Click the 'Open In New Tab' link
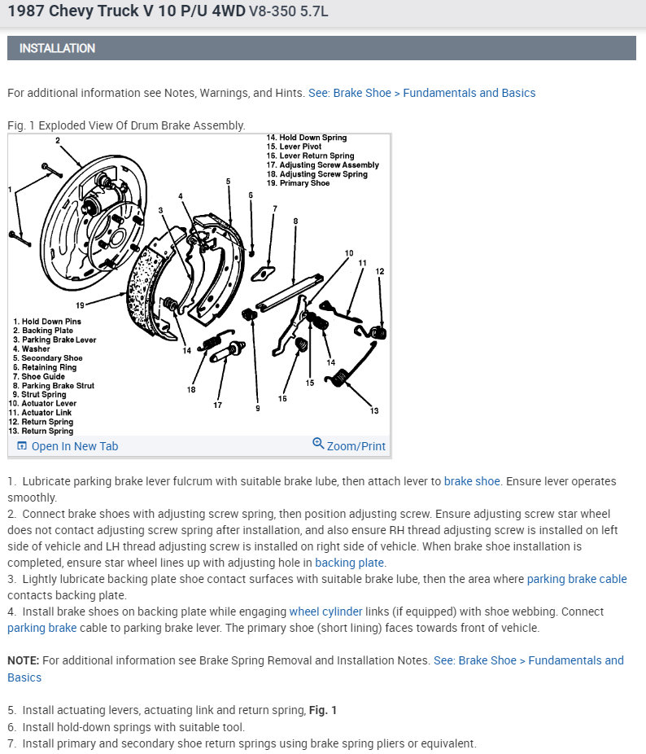74,446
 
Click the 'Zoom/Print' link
356,446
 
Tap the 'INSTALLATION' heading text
57,48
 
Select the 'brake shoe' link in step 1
472,481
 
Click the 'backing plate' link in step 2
350,563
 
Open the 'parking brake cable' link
577,579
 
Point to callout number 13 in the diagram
374,410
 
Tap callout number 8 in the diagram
295,221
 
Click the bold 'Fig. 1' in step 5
323,710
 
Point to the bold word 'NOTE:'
24,660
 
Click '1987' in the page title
24,11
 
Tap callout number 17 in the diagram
218,405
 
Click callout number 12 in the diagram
380,271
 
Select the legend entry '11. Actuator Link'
42,413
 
